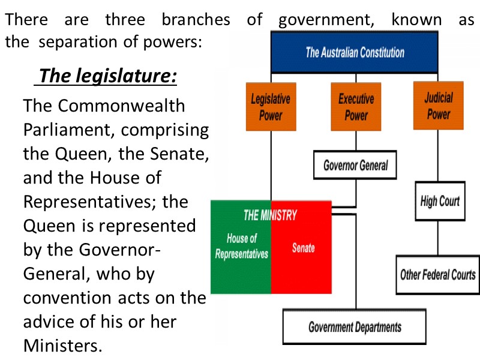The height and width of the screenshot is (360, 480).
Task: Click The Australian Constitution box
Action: (355, 52)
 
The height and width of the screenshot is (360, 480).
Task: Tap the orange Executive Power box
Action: (356, 107)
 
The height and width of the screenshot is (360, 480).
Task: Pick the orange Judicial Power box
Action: (438, 106)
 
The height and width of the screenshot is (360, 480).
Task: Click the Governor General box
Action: (356, 165)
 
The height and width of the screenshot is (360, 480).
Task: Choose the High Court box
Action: (440, 202)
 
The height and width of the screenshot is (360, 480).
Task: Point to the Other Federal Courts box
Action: (438, 275)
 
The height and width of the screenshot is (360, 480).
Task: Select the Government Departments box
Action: (355, 327)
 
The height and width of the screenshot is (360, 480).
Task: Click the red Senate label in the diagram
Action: (303, 247)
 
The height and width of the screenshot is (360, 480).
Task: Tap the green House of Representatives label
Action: (242, 247)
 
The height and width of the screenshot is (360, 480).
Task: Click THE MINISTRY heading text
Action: (270, 215)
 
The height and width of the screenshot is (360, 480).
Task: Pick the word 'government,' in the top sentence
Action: (326, 19)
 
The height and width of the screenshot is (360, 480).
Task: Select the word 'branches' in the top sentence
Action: (196, 19)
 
